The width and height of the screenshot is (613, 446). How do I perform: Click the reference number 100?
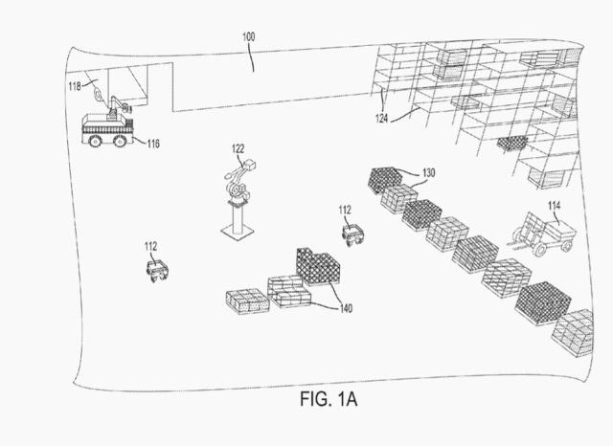click(x=248, y=37)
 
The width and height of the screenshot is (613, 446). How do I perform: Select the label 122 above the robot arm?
click(x=238, y=149)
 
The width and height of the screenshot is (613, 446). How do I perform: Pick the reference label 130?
click(x=427, y=172)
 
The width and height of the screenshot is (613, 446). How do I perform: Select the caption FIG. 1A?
click(x=330, y=395)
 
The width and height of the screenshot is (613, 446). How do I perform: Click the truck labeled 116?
click(x=106, y=129)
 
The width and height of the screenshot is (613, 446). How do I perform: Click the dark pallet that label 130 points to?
click(x=386, y=179)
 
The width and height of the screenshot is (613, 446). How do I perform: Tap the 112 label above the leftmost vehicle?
click(x=150, y=246)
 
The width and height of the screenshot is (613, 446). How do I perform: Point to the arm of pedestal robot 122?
click(x=236, y=179)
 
